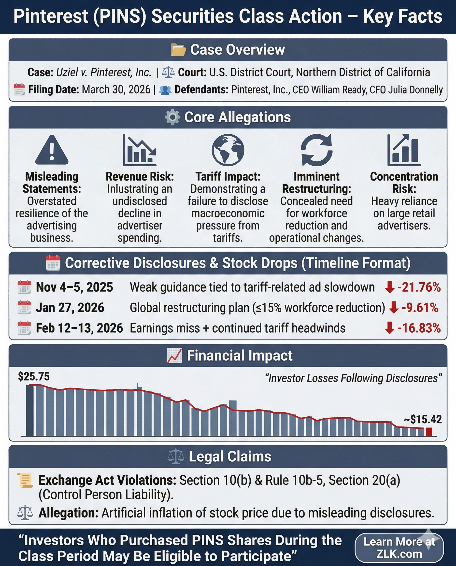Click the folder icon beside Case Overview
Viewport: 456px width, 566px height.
click(178, 50)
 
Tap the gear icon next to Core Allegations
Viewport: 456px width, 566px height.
click(172, 117)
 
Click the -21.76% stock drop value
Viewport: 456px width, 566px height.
click(419, 287)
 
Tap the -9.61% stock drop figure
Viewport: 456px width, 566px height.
click(420, 308)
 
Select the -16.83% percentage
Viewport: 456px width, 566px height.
click(419, 328)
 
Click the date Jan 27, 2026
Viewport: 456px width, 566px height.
click(70, 308)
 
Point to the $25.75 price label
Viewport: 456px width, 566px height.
click(34, 377)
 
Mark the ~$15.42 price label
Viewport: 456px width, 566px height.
click(423, 419)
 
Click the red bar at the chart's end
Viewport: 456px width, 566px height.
click(429, 432)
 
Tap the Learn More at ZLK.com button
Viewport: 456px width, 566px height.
click(399, 548)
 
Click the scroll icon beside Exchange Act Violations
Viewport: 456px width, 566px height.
click(25, 480)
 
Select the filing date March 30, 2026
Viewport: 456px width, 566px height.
click(116, 90)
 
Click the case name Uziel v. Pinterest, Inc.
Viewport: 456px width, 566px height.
click(104, 72)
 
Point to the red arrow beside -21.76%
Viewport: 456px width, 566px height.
click(390, 287)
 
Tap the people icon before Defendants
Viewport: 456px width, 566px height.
click(165, 90)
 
